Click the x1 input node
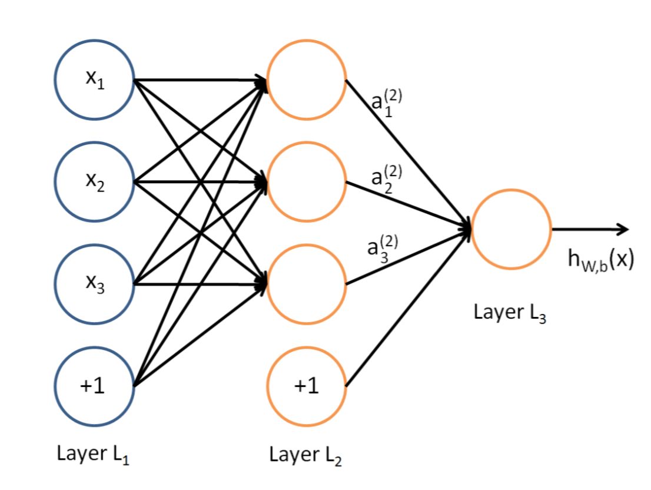pyautogui.click(x=94, y=81)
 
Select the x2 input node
pyautogui.click(x=94, y=182)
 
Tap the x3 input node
pyautogui.click(x=94, y=284)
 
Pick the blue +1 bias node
pyautogui.click(x=94, y=386)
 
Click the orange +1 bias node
pyautogui.click(x=307, y=386)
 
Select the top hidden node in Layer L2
pyautogui.click(x=307, y=81)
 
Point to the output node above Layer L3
pyautogui.click(x=511, y=229)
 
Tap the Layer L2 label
pyautogui.click(x=306, y=455)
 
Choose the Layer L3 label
pyautogui.click(x=511, y=312)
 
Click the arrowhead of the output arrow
pyautogui.click(x=623, y=229)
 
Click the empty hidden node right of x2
pyautogui.click(x=307, y=182)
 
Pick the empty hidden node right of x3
pyautogui.click(x=307, y=284)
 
